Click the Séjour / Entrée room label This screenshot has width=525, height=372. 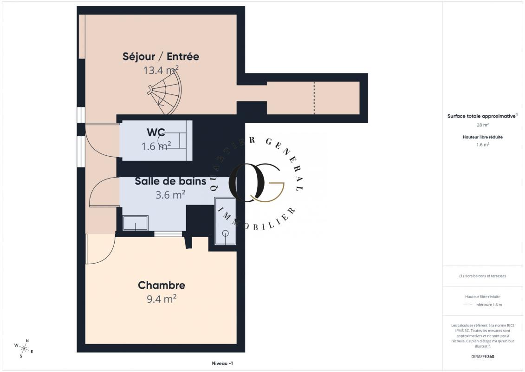click(x=161, y=56)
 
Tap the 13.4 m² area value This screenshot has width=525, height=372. click(x=161, y=70)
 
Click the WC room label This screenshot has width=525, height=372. click(x=156, y=132)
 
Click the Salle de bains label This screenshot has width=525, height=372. click(x=170, y=181)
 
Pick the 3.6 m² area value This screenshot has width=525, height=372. click(x=170, y=194)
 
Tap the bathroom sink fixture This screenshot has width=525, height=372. click(x=136, y=223)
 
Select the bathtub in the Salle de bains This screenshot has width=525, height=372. click(x=225, y=221)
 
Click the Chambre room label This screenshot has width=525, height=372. click(x=162, y=285)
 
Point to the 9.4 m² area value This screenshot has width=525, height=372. click(x=162, y=299)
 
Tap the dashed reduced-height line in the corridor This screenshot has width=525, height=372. click(x=314, y=98)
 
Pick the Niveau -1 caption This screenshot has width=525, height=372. click(x=222, y=363)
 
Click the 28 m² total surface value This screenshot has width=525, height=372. click(x=482, y=125)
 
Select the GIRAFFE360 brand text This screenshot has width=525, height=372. click(x=482, y=357)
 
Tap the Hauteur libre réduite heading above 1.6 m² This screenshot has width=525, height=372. click(x=482, y=137)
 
